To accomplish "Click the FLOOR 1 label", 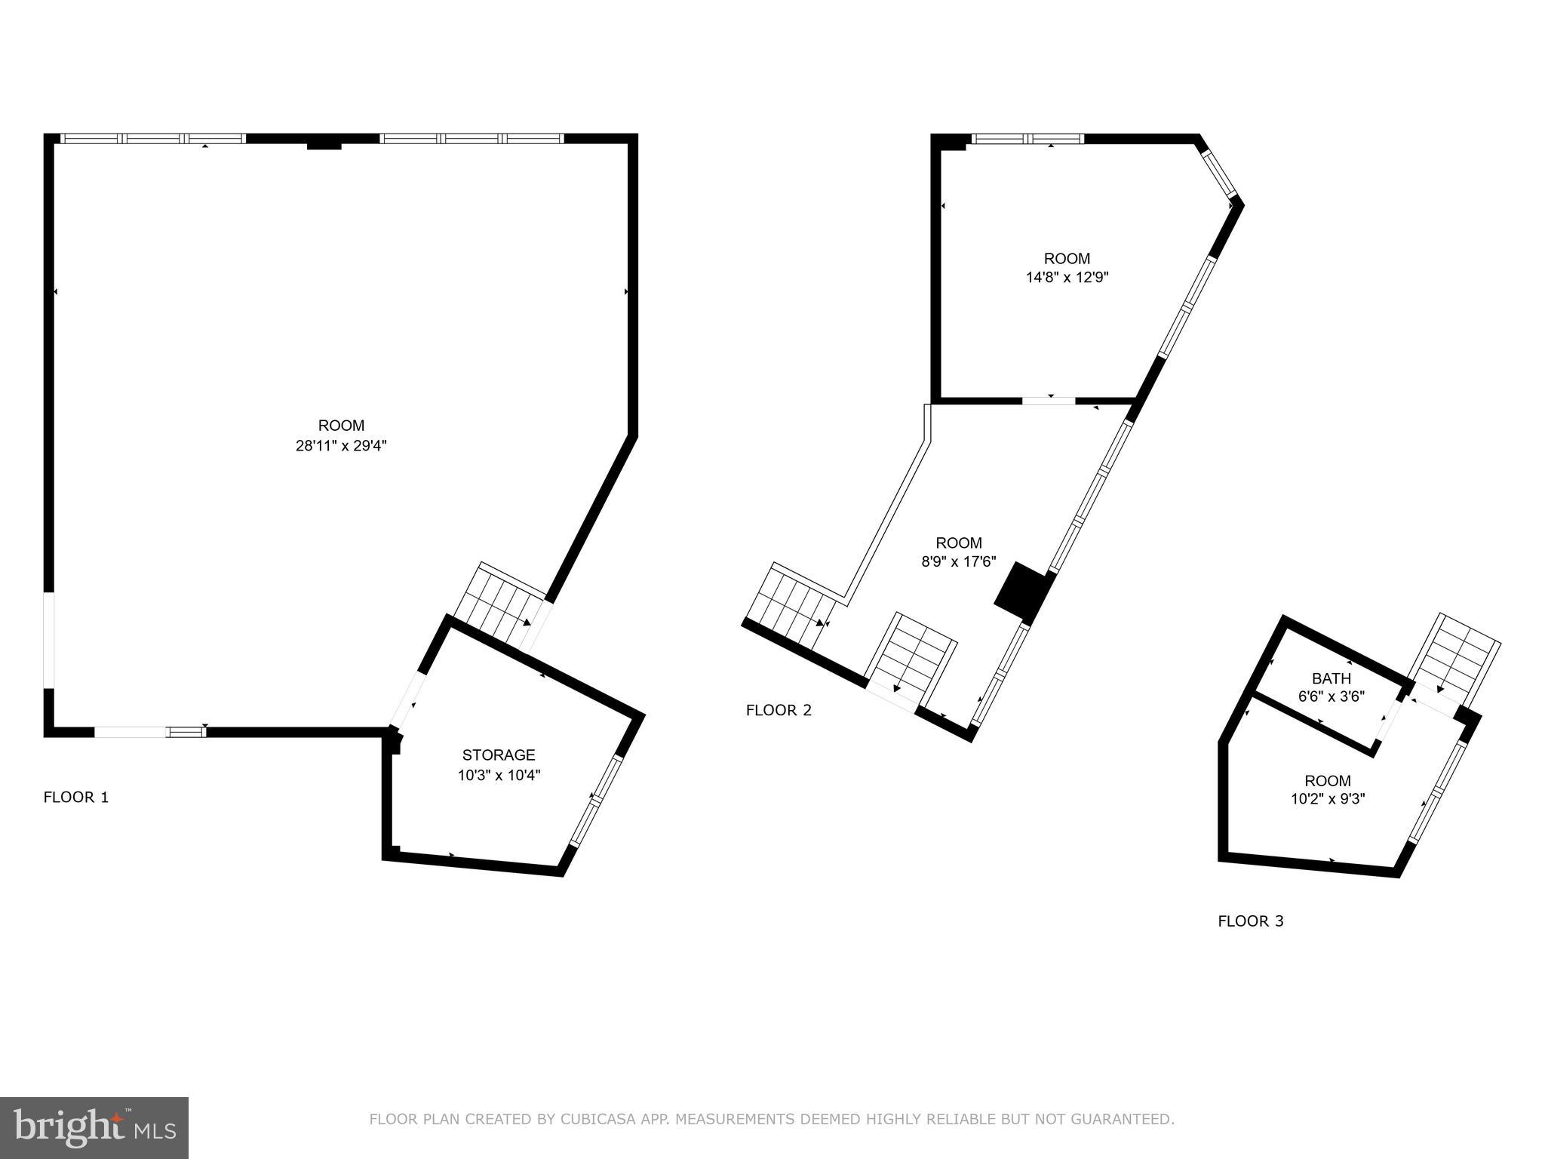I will click(x=76, y=798).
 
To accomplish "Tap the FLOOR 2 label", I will click(x=779, y=710).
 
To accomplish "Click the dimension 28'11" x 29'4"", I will click(x=341, y=446).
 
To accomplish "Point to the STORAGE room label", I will click(x=499, y=755).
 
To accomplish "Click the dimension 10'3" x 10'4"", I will click(x=499, y=775).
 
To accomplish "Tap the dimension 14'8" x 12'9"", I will click(x=1067, y=278).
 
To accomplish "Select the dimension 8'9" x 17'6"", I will click(x=959, y=562).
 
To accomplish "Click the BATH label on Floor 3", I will click(x=1332, y=678).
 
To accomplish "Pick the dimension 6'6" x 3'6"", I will click(x=1332, y=697).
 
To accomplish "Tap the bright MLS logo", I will click(x=94, y=1128).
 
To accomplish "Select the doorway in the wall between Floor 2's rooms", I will click(x=1049, y=400).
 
